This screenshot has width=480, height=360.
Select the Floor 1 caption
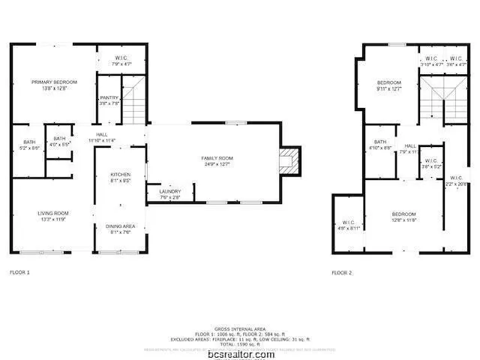click(x=19, y=272)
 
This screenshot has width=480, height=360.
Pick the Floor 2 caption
click(x=341, y=273)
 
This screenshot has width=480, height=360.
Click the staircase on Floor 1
click(x=133, y=104)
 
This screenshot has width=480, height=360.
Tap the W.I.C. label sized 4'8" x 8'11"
click(x=349, y=224)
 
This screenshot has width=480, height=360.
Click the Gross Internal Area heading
click(x=240, y=329)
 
